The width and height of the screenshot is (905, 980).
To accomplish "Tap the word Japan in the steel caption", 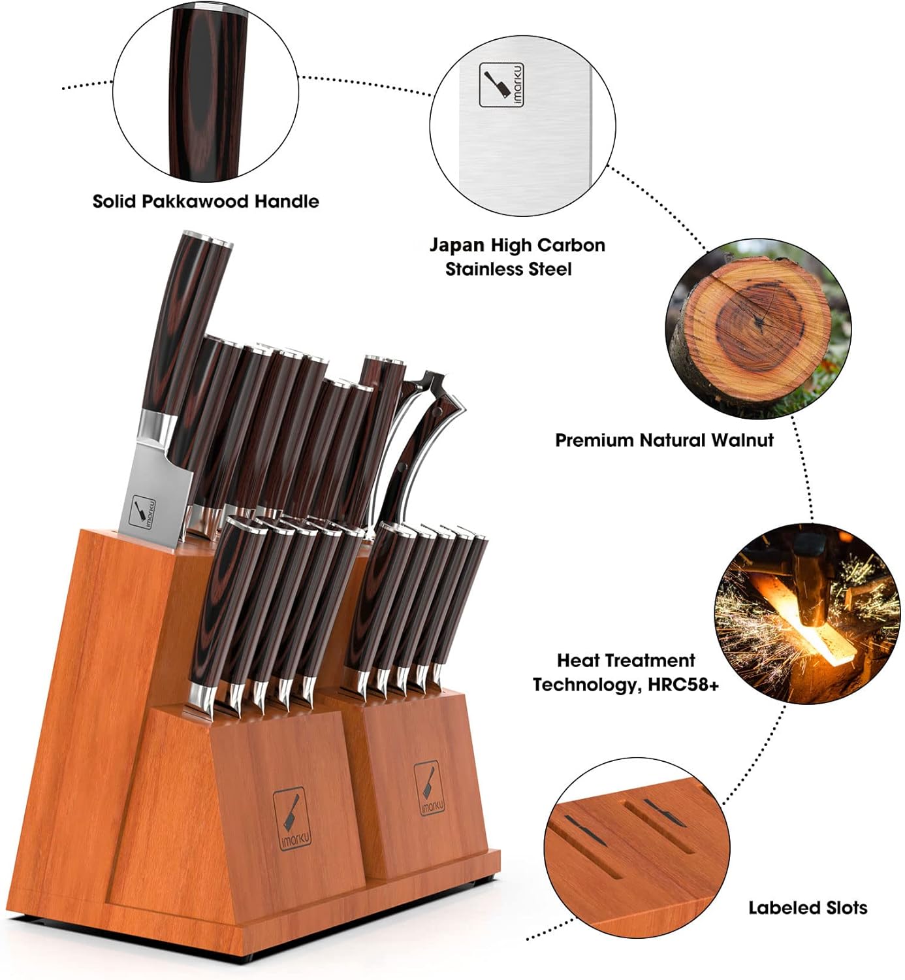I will [x=457, y=246].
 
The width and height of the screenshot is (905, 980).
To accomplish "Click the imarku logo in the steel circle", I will [x=501, y=85].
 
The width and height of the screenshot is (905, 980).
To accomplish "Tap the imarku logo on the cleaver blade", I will [x=144, y=512].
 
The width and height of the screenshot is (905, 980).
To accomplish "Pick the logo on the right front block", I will [x=429, y=789].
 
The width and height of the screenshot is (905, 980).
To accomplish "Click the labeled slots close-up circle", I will [x=637, y=850].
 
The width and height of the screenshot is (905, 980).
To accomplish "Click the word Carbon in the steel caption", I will [x=573, y=246].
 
